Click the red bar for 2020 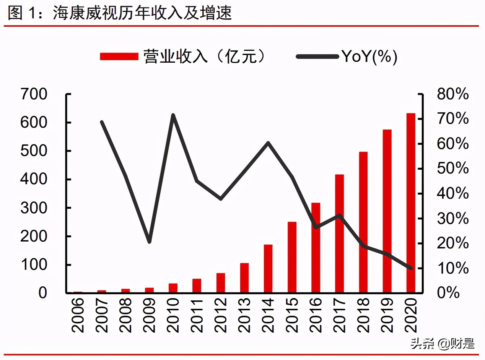(x=410, y=203)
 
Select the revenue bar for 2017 (x=339, y=234)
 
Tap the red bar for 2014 (x=268, y=269)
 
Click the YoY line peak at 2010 (x=173, y=115)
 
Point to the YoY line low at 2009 (x=149, y=242)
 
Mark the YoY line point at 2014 (x=268, y=143)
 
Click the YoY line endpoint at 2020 (x=411, y=268)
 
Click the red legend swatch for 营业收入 (x=119, y=57)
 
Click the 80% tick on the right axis (x=452, y=94)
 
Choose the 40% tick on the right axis (x=452, y=194)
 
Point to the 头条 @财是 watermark (x=443, y=344)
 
